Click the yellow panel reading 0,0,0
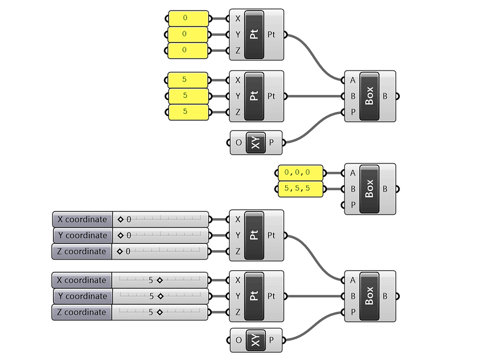pyautogui.click(x=301, y=172)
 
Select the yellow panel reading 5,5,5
pyautogui.click(x=301, y=189)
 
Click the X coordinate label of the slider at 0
pyautogui.click(x=82, y=219)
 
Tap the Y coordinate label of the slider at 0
pyautogui.click(x=82, y=236)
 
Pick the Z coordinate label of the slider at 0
pyautogui.click(x=82, y=252)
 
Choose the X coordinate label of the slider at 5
pyautogui.click(x=82, y=280)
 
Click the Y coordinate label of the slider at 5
pyautogui.click(x=82, y=296)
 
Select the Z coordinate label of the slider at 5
pyautogui.click(x=82, y=313)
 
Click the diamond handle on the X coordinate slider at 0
pyautogui.click(x=120, y=219)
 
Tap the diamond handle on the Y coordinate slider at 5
pyautogui.click(x=160, y=296)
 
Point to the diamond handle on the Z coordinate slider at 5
pyautogui.click(x=159, y=313)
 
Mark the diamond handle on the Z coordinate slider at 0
pyautogui.click(x=120, y=252)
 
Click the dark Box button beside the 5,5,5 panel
pyautogui.click(x=369, y=189)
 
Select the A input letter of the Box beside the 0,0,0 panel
pyautogui.click(x=353, y=173)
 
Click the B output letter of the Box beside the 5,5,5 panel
pyautogui.click(x=385, y=189)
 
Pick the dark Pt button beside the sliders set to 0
pyautogui.click(x=254, y=236)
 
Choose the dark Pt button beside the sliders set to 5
pyautogui.click(x=254, y=296)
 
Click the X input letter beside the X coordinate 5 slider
pyautogui.click(x=238, y=280)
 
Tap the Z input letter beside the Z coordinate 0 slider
pyautogui.click(x=238, y=252)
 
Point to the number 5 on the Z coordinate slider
pyautogui.click(x=151, y=313)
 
